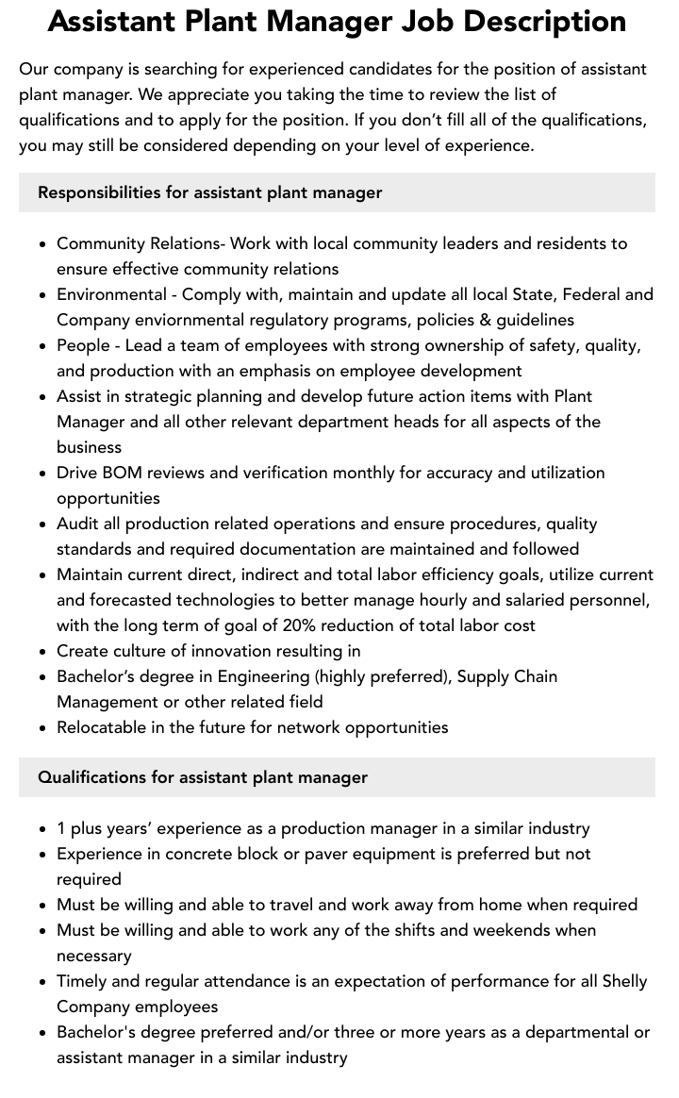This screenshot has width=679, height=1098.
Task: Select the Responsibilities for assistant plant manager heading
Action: [x=209, y=192]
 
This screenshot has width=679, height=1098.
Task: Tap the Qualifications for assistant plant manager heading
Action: [x=203, y=777]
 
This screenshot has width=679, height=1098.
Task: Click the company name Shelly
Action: [x=621, y=981]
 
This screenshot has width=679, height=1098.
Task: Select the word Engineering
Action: [x=263, y=676]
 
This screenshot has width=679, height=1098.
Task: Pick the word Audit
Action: [x=77, y=524]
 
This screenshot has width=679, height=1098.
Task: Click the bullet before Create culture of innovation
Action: [x=43, y=652]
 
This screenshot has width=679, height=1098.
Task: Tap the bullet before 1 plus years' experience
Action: [x=43, y=829]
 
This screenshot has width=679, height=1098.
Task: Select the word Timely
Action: [x=82, y=981]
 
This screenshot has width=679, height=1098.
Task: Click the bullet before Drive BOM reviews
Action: [x=43, y=474]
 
